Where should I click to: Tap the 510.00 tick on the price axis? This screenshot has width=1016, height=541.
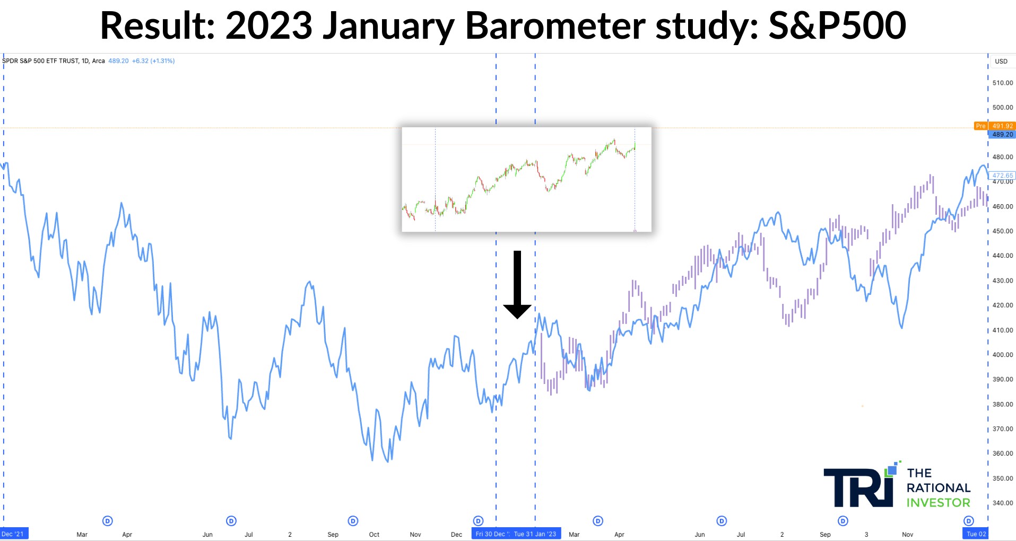click(x=1002, y=83)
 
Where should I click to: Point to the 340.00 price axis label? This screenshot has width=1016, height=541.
click(x=1002, y=503)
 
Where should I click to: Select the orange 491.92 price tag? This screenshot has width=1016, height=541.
click(x=1002, y=126)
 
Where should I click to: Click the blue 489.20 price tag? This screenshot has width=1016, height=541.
click(x=1002, y=134)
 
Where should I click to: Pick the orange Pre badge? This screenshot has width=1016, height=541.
click(x=980, y=126)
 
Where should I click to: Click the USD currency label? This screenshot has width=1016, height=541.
click(x=1001, y=61)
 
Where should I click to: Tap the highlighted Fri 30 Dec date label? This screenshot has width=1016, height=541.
click(x=491, y=534)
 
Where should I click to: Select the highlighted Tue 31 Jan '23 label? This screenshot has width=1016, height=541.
click(x=535, y=534)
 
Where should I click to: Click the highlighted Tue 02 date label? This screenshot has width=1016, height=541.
click(x=976, y=534)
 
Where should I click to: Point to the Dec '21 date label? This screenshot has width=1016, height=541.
click(x=13, y=534)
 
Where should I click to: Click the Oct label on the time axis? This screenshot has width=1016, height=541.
click(x=374, y=535)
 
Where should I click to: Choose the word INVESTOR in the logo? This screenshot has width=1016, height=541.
click(x=938, y=502)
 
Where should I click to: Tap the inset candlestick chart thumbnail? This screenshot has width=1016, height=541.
click(x=526, y=179)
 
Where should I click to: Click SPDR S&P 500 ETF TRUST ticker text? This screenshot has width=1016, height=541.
click(x=40, y=61)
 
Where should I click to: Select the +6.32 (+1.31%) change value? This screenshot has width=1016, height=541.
click(x=153, y=61)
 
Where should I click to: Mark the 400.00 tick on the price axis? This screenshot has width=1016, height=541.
click(x=1002, y=354)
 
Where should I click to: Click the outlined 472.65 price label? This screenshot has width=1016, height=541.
click(x=1002, y=175)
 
